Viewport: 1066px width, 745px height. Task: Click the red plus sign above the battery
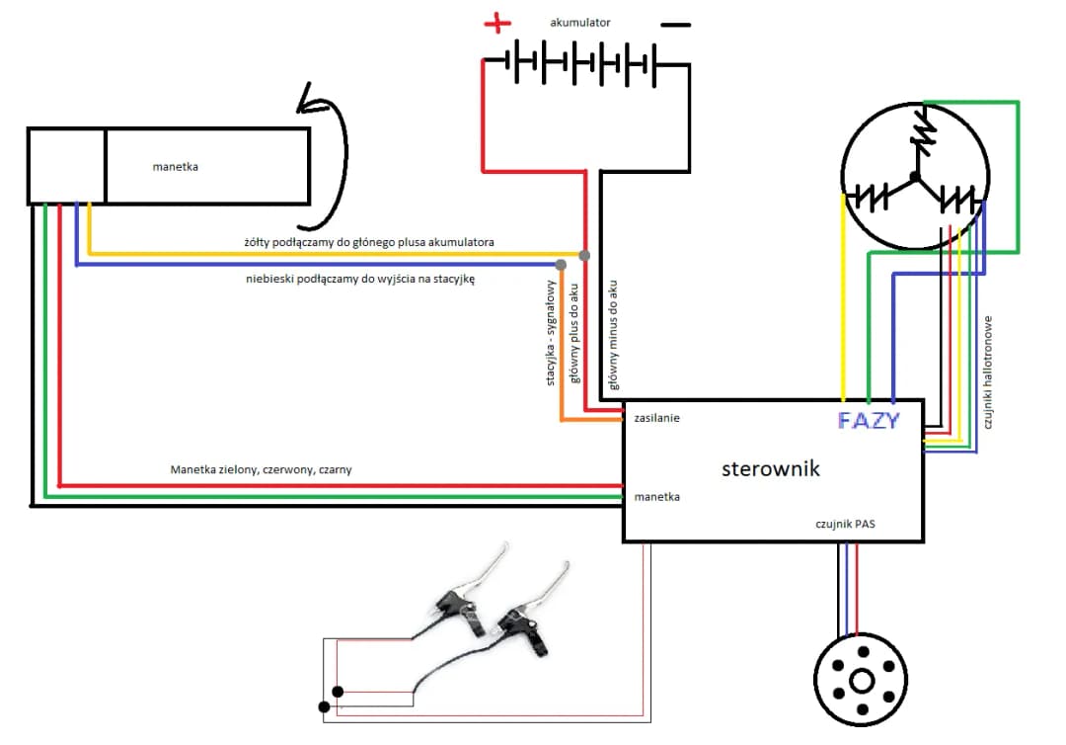pos(497,24)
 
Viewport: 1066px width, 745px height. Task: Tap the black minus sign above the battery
pos(675,25)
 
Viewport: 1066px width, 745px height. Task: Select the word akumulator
pos(580,22)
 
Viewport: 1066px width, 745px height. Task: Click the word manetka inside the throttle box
pos(176,167)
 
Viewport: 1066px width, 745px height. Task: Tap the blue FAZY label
pos(869,420)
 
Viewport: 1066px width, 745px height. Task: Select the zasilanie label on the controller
pos(657,418)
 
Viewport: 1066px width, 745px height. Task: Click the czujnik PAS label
pos(846,525)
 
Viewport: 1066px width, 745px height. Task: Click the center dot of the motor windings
pos(915,177)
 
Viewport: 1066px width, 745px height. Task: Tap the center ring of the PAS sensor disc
pos(862,682)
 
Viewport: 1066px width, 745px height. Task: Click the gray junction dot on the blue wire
pos(561,265)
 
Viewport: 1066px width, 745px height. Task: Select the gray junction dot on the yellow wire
pos(584,256)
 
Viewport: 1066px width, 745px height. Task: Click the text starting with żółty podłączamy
pos(369,241)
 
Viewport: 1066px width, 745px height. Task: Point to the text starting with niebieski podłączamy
pos(360,280)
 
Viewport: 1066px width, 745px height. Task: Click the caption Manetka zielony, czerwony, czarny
pos(261,470)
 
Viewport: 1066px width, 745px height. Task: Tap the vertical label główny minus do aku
pos(613,332)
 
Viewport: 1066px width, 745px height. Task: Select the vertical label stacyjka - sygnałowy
pos(552,332)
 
